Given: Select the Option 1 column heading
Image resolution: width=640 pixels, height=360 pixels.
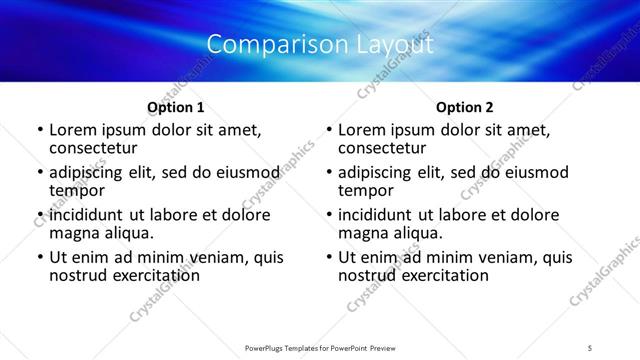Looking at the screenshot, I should (x=176, y=107).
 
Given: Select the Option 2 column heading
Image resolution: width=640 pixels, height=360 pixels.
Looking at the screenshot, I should (x=465, y=107).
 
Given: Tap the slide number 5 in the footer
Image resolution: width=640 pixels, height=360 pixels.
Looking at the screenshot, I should (x=591, y=347).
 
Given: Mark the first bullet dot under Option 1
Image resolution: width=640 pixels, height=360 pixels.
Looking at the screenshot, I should (x=39, y=130).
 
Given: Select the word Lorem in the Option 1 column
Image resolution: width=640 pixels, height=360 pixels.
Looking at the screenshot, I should (x=73, y=129).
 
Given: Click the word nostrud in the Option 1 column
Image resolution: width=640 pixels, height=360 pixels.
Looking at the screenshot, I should (x=78, y=275).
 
